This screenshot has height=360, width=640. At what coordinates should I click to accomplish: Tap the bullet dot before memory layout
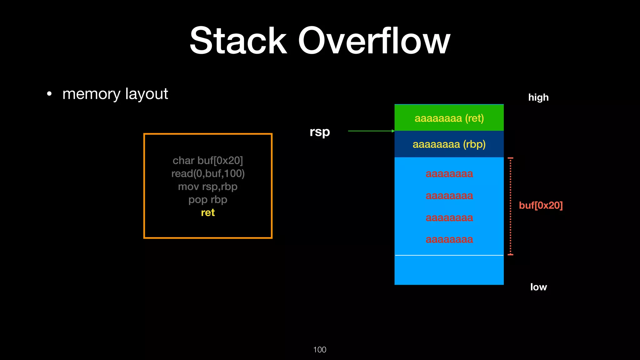(x=49, y=94)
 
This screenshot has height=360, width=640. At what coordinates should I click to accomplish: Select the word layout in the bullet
(x=147, y=94)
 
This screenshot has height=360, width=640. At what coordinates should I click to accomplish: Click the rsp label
(x=320, y=132)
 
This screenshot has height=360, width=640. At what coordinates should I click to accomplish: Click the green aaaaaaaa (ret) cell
(x=449, y=118)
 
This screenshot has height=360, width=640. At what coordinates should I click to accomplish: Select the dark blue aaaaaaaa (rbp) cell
(x=449, y=144)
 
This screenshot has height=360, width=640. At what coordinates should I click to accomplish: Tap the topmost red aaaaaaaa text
(x=449, y=174)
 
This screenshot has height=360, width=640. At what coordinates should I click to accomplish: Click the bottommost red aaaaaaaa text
(x=449, y=240)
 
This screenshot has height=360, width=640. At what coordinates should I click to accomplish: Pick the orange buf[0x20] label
(x=541, y=205)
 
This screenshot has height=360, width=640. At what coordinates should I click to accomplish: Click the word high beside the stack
(x=538, y=97)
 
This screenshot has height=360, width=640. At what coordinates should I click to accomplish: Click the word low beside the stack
(x=538, y=287)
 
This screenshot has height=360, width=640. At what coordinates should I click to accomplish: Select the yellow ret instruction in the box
(x=208, y=213)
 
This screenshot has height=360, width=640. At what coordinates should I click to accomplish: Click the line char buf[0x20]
(x=208, y=161)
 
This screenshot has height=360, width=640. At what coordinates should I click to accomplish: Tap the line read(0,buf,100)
(x=208, y=174)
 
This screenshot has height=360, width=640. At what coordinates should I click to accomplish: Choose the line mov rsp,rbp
(x=208, y=187)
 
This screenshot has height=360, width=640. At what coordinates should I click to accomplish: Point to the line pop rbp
(x=208, y=200)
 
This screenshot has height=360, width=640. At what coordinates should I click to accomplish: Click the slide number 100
(x=320, y=350)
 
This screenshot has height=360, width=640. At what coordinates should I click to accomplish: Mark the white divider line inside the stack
(x=449, y=255)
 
